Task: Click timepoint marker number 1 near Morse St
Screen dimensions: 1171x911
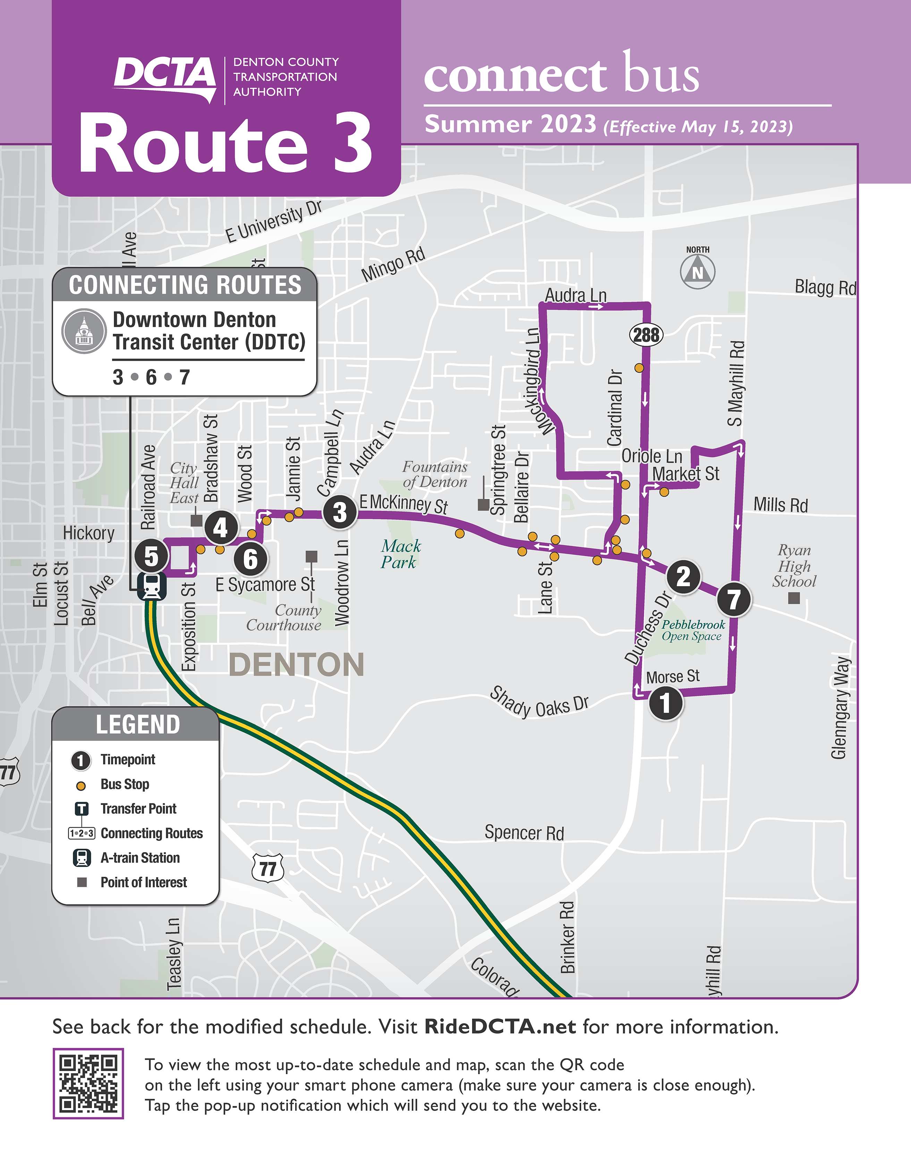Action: [x=665, y=703]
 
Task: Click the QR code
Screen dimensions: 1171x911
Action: [x=88, y=1083]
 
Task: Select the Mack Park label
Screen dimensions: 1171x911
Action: [x=400, y=554]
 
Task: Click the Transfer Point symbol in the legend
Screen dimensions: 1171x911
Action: [x=82, y=808]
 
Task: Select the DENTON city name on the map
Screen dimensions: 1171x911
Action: [x=296, y=665]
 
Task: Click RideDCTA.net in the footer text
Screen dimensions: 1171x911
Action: [x=500, y=1027]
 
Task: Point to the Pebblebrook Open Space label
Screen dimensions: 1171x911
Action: [x=692, y=630]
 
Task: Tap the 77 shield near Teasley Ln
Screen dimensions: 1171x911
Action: [x=268, y=868]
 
